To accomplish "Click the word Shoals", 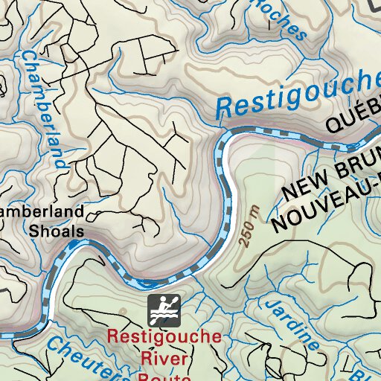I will tap(56, 231).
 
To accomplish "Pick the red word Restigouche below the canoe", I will tap(164, 336).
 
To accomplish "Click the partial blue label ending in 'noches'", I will tap(279, 19).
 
